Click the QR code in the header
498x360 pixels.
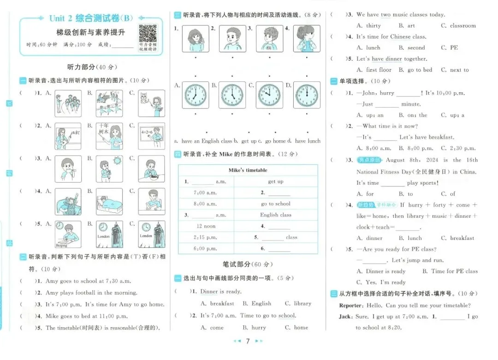click(x=148, y=33)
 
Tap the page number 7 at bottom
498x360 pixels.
click(x=248, y=341)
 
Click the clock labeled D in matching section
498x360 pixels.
click(x=307, y=95)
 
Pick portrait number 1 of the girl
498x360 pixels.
click(x=196, y=38)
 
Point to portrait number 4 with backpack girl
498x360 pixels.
click(x=307, y=38)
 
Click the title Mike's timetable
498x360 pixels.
click(x=248, y=170)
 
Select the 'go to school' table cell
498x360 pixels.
click(x=276, y=204)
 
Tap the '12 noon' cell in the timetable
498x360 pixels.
click(x=206, y=226)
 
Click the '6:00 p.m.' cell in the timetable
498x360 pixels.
click(x=206, y=248)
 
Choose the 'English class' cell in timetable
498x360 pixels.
click(x=276, y=215)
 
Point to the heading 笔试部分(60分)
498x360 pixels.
click(x=248, y=264)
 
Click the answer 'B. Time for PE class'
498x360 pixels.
click(x=450, y=271)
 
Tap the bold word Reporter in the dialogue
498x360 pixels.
click(x=353, y=306)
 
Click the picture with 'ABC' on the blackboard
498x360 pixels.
click(x=68, y=136)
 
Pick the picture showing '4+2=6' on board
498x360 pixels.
click(x=152, y=136)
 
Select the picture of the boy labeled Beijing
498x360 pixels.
click(x=68, y=234)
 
